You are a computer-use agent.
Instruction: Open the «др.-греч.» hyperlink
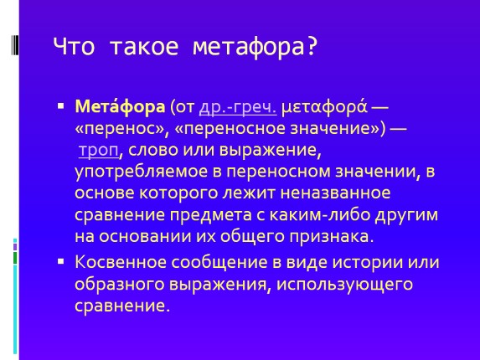click(x=238, y=108)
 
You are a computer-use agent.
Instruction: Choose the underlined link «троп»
click(x=97, y=151)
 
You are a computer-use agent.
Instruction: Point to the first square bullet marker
click(x=60, y=107)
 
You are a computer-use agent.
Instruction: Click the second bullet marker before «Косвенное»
click(x=60, y=261)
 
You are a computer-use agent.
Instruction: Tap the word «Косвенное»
click(x=118, y=262)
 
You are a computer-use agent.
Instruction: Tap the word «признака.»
click(x=323, y=237)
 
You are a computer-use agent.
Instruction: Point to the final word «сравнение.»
click(x=122, y=306)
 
